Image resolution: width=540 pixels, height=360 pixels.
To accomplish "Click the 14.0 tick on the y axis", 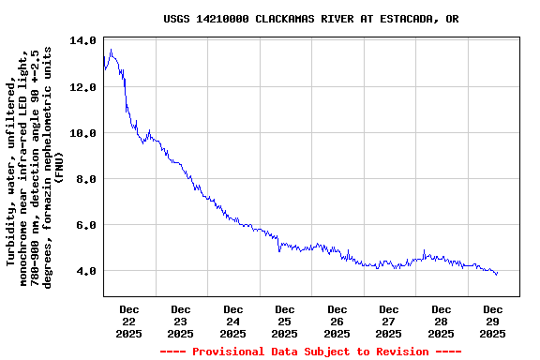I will click(82, 41).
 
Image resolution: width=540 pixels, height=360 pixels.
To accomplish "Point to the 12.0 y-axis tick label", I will click(82, 87).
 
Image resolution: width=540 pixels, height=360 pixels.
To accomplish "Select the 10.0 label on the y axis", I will click(82, 133).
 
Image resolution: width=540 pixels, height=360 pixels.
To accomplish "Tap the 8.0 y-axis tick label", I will click(85, 179).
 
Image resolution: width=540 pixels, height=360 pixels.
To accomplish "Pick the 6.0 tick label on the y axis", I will click(85, 225).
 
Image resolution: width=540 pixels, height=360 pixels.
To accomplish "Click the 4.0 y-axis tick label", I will click(85, 271).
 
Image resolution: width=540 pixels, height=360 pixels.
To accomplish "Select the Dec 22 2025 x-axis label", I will click(129, 321).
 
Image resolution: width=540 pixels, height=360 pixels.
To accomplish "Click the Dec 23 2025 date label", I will click(181, 321).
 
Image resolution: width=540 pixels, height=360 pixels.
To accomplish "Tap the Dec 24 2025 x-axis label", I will click(233, 321).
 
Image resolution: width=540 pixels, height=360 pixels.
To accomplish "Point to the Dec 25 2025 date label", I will click(285, 321).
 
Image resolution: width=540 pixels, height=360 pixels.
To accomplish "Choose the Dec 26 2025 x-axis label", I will click(337, 321).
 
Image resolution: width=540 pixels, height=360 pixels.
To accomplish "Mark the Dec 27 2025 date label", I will click(389, 321).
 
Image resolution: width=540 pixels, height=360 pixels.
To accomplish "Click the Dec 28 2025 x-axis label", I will click(442, 321).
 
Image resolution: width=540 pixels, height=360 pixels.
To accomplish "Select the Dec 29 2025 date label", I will click(493, 321).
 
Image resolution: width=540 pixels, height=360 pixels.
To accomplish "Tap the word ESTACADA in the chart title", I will click(404, 19).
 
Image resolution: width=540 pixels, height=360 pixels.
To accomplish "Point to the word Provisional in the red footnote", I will click(230, 352).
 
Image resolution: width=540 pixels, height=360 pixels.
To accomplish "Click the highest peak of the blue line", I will click(111, 50).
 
